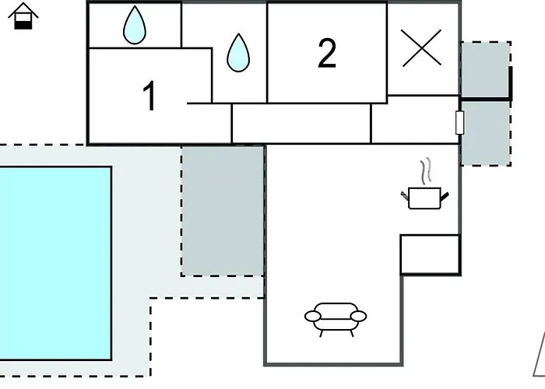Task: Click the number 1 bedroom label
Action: point(149,96)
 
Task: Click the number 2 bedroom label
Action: point(327,54)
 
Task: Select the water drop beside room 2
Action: point(237,53)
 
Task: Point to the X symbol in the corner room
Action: point(422,47)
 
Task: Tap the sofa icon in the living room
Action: point(335,317)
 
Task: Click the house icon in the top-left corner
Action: point(25,16)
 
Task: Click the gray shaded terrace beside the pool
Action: point(223,210)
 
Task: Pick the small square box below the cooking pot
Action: point(430,254)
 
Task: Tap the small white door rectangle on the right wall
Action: point(459,123)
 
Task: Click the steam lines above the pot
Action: point(425,170)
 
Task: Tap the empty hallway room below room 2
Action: point(301,124)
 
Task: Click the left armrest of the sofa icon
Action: point(312,317)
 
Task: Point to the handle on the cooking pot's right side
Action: point(445,196)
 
